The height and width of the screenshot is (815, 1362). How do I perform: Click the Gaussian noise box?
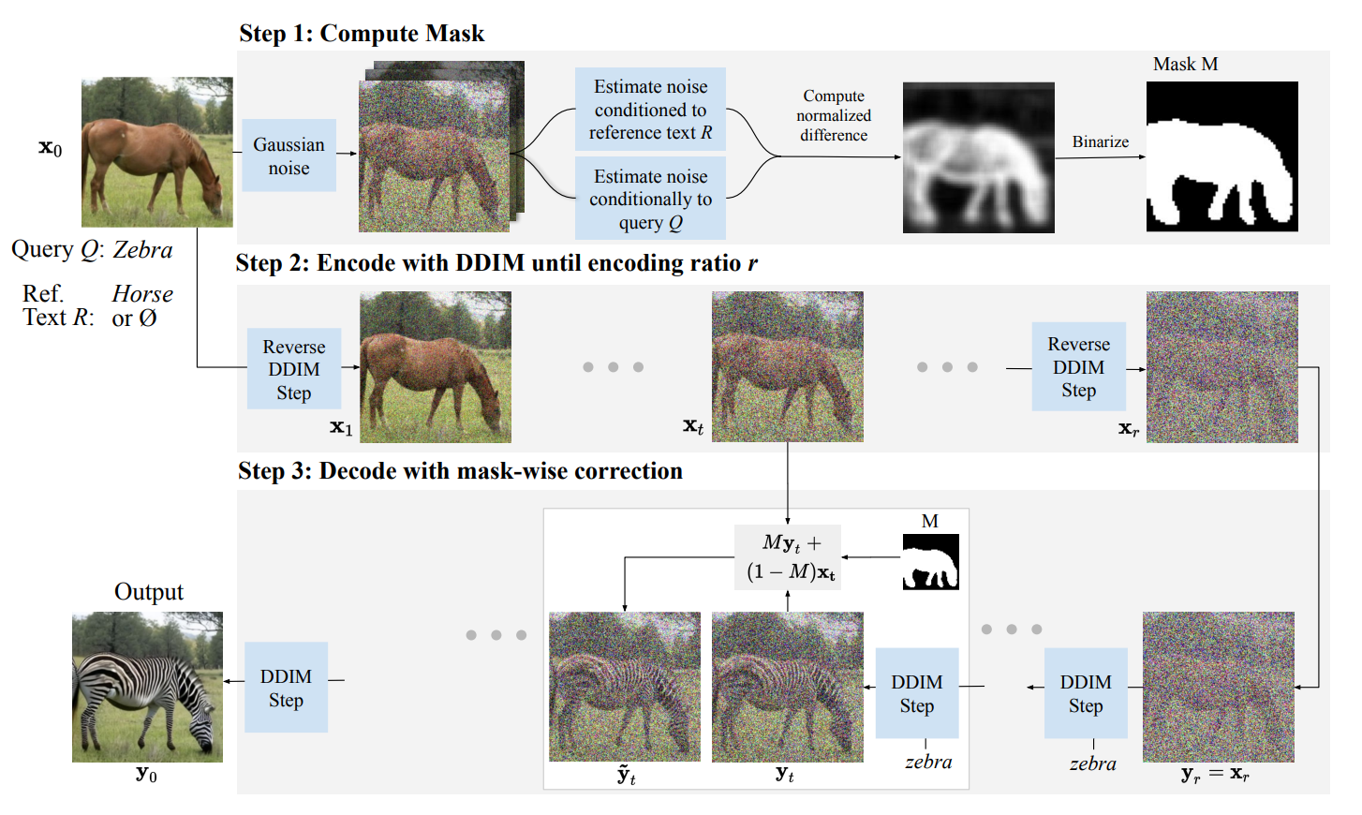tap(289, 156)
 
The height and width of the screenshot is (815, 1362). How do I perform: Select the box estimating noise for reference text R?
tap(650, 110)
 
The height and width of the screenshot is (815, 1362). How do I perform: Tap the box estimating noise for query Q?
tap(650, 199)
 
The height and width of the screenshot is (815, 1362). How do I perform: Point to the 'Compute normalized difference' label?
tap(834, 115)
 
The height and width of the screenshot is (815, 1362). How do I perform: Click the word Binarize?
tap(1100, 141)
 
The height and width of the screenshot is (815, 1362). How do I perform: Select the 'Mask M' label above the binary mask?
tap(1185, 64)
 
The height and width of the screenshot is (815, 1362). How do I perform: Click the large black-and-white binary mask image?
tap(1221, 156)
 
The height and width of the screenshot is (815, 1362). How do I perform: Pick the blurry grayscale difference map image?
tap(978, 157)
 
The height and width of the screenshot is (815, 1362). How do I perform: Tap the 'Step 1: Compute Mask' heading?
tap(362, 34)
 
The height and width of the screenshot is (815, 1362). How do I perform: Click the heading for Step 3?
tap(460, 470)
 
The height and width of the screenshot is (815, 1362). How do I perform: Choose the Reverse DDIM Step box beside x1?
tap(293, 369)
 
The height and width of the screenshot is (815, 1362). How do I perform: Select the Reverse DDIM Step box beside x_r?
tap(1078, 367)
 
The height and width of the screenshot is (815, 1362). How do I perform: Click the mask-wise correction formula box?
tap(789, 557)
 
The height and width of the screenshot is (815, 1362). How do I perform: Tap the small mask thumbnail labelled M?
tap(930, 561)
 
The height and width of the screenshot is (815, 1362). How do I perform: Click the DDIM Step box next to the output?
tap(286, 688)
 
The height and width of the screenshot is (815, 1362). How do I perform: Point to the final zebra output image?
tap(147, 687)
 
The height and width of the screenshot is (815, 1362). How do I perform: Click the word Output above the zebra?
tap(148, 592)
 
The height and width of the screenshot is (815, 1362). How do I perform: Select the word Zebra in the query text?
tap(142, 250)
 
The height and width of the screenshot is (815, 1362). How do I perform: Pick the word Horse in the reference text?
tap(142, 294)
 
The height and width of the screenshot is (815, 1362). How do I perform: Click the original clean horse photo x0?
tap(156, 152)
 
